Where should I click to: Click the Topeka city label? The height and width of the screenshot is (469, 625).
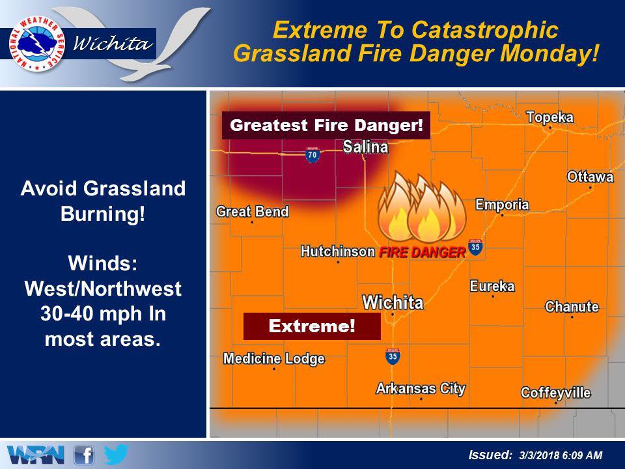tap(549, 117)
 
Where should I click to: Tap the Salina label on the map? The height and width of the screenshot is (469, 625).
tap(365, 147)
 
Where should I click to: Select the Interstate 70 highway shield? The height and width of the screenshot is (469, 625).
tap(312, 154)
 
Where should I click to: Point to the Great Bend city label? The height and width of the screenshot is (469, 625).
tap(253, 211)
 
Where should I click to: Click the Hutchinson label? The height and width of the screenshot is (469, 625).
tap(338, 251)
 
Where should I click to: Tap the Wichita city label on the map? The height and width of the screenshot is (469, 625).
tap(393, 303)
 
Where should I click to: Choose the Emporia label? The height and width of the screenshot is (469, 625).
tap(502, 205)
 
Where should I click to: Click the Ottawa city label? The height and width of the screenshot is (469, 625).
tap(590, 177)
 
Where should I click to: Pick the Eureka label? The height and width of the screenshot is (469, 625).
tap(492, 286)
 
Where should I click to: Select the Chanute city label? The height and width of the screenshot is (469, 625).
tap(572, 306)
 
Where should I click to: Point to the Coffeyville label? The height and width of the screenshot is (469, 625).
tap(555, 393)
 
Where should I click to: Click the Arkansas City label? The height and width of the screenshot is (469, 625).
tap(421, 388)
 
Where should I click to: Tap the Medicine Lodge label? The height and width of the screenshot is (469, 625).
tap(274, 358)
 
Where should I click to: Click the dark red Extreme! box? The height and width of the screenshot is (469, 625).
tap(312, 326)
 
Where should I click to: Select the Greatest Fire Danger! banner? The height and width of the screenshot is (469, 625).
tap(326, 125)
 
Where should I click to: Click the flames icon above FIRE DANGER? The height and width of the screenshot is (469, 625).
tap(422, 206)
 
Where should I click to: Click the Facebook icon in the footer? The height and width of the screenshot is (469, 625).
tap(84, 455)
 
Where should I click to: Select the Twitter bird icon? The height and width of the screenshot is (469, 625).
tap(116, 455)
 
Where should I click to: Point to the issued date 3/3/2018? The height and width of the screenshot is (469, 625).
tap(538, 455)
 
